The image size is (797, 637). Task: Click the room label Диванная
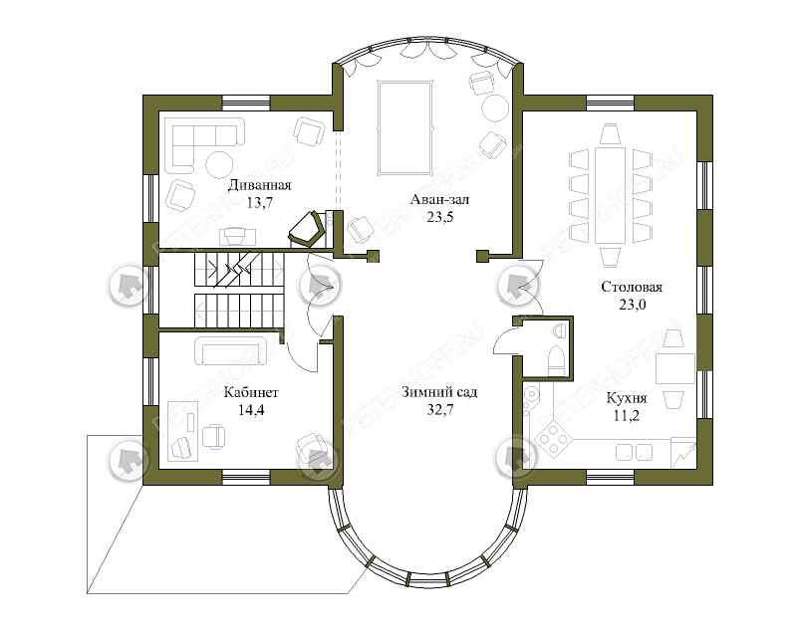pyautogui.click(x=259, y=185)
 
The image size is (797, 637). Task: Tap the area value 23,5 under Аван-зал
pyautogui.click(x=440, y=217)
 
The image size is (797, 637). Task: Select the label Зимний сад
pyautogui.click(x=439, y=392)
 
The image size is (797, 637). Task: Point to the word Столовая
pyautogui.click(x=632, y=287)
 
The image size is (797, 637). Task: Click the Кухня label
pyautogui.click(x=627, y=398)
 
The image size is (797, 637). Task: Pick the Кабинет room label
pyautogui.click(x=251, y=392)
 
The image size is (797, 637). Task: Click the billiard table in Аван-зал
pyautogui.click(x=405, y=127)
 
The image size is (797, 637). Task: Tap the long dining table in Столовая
pyautogui.click(x=610, y=195)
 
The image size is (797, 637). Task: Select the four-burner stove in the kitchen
pyautogui.click(x=551, y=439)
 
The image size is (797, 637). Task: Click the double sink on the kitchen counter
pyautogui.click(x=634, y=452)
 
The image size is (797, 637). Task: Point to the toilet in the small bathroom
pyautogui.click(x=557, y=360)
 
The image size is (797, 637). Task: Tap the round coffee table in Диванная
pyautogui.click(x=219, y=164)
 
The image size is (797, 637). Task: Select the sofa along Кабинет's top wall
pyautogui.click(x=231, y=350)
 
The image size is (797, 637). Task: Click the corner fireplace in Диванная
pyautogui.click(x=307, y=229)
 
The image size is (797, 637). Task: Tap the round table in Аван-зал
pyautogui.click(x=495, y=108)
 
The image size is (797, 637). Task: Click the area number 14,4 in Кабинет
pyautogui.click(x=251, y=410)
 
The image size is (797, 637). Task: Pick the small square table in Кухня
pyautogui.click(x=675, y=369)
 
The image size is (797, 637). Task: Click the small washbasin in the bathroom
pyautogui.click(x=560, y=331)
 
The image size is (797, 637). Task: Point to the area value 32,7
pyautogui.click(x=440, y=410)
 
